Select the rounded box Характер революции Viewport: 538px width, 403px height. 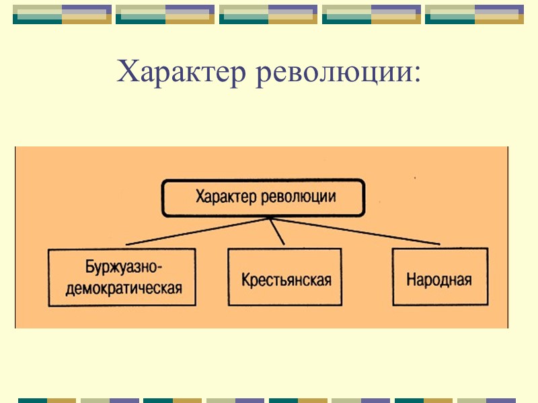[x=264, y=198]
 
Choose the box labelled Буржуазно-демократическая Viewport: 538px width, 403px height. [x=122, y=277]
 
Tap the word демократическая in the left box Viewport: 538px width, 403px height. [x=122, y=288]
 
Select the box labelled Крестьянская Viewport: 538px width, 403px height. [x=284, y=277]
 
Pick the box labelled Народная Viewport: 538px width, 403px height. [x=440, y=277]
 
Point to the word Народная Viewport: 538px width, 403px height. [x=439, y=279]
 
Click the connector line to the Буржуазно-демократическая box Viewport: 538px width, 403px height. [x=195, y=232]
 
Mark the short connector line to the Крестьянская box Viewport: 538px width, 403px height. [x=276, y=232]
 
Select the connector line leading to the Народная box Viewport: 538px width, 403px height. [x=356, y=231]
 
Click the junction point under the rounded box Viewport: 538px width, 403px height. [x=268, y=218]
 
